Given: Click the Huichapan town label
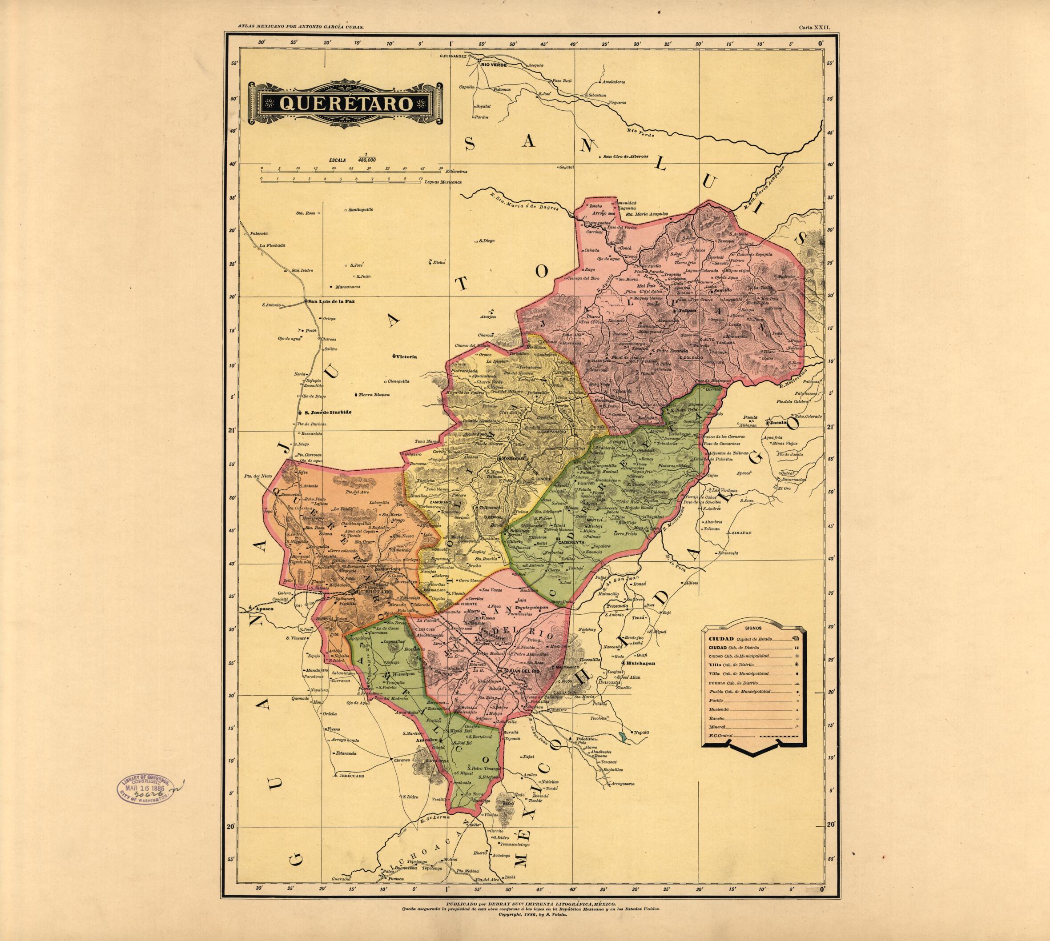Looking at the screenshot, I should coord(640,663).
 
